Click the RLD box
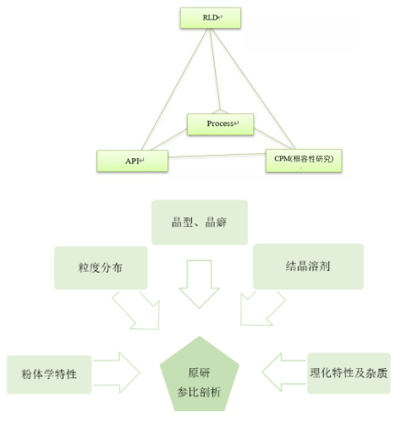(211, 18)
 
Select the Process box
(221, 124)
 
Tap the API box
(132, 161)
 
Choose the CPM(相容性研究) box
(304, 160)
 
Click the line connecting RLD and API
(174, 89)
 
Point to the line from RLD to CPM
(253, 89)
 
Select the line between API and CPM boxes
(217, 155)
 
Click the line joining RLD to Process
(215, 69)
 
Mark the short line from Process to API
(168, 140)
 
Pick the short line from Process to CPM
(273, 139)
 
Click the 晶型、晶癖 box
(200, 223)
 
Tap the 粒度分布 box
(101, 267)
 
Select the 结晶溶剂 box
(308, 267)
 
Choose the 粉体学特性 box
(49, 374)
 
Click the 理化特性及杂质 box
(349, 373)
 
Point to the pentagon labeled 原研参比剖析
(200, 375)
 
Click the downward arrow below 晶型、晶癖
(200, 283)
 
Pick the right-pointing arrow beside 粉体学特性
(117, 372)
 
